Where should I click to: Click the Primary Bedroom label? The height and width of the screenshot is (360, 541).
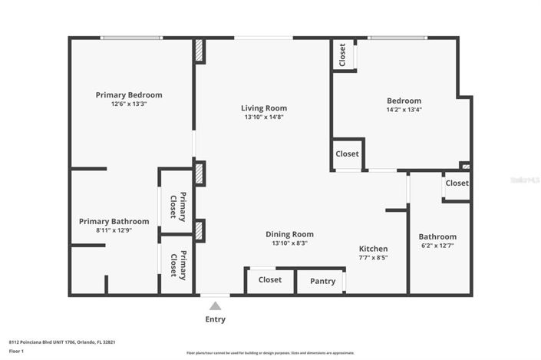point(129,95)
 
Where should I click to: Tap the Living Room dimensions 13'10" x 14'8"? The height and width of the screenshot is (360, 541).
point(264,117)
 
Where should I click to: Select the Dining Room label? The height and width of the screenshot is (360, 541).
point(289,234)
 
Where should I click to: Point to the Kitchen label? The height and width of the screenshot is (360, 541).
point(374,249)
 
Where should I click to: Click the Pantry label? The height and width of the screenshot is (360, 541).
point(322,281)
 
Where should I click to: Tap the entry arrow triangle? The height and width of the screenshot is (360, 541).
point(215,306)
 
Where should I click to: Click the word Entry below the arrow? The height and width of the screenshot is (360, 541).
point(215,319)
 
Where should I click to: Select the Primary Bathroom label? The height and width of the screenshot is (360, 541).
point(114,221)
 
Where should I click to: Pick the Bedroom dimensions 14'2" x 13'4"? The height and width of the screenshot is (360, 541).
point(404,110)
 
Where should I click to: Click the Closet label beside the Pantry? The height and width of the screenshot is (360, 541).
point(270,280)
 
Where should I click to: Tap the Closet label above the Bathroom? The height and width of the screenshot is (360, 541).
point(457,183)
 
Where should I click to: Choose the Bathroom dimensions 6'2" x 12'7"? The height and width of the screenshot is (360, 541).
point(437,246)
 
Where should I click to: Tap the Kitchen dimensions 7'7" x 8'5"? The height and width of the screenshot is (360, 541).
point(374,258)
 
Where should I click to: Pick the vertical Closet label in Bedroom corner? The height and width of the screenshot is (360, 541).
point(343,54)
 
